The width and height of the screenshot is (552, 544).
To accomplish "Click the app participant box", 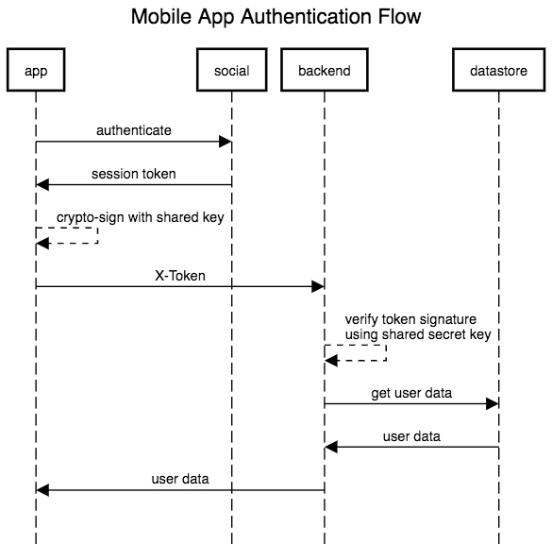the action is tap(36, 70).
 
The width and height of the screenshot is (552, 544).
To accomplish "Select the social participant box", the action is tap(231, 70).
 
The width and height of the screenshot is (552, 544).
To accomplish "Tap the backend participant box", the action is tap(325, 70).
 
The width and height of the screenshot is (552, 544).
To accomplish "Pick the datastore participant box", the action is tap(498, 70).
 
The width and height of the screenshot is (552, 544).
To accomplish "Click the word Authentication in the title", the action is tap(306, 16).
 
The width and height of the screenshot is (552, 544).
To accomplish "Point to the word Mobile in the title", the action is tap(161, 16).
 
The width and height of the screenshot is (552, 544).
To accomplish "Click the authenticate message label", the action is tap(134, 130).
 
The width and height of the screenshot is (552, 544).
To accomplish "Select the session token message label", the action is tap(134, 174).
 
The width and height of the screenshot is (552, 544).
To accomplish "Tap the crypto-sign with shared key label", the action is tap(140, 218).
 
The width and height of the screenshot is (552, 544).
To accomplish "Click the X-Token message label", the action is tap(180, 276).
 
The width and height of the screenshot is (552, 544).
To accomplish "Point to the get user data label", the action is tap(411, 393).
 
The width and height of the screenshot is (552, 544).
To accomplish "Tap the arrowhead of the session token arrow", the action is tap(42, 184).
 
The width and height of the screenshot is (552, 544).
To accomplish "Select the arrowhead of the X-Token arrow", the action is tap(318, 286).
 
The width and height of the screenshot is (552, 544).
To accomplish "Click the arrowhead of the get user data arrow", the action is tap(493, 404).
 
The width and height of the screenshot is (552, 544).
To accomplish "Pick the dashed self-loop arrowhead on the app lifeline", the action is tap(42, 243).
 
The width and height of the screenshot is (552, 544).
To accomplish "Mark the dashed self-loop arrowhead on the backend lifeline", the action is tap(331, 361).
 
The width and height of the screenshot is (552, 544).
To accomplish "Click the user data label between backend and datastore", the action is tap(411, 436).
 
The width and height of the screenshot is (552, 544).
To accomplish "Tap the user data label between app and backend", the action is tap(180, 479).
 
